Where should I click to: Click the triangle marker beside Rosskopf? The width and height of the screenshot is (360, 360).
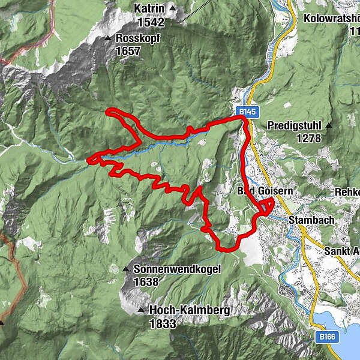click(x=109, y=38)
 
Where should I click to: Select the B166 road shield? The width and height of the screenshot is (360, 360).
click(x=327, y=337)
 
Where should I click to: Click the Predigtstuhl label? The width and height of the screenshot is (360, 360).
click(x=292, y=126)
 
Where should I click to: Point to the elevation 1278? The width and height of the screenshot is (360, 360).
click(x=308, y=139)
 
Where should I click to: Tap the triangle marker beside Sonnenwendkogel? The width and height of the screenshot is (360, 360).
click(x=126, y=269)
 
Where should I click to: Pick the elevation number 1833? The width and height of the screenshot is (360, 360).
click(x=163, y=324)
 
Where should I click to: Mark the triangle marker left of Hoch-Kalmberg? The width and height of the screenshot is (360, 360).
click(x=141, y=311)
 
